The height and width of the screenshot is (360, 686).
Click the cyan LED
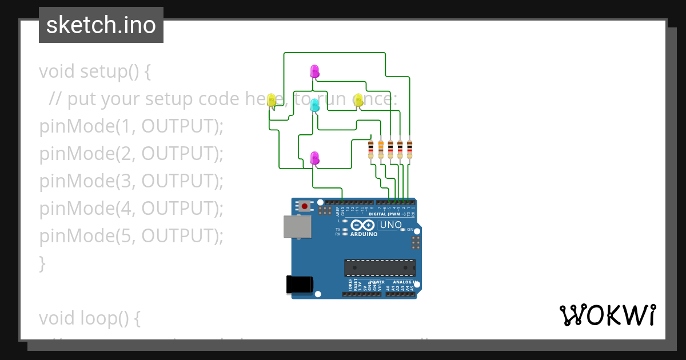click(x=314, y=105)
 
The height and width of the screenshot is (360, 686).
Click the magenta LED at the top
click(x=314, y=71)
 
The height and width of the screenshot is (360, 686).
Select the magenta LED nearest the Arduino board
click(x=314, y=158)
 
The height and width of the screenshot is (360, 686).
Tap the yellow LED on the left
click(x=272, y=100)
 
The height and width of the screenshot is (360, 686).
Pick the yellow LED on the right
click(x=358, y=100)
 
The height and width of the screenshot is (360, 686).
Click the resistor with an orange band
click(x=381, y=149)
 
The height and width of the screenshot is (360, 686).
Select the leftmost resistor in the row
click(x=371, y=149)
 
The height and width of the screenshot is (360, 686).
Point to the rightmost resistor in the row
click(x=409, y=149)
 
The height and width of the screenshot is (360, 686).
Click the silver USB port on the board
click(x=298, y=226)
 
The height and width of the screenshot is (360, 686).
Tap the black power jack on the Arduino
click(x=300, y=285)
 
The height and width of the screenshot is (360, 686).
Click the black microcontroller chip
click(x=379, y=268)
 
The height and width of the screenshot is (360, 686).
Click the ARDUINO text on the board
click(x=364, y=234)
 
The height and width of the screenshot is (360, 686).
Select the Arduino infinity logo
click(x=363, y=225)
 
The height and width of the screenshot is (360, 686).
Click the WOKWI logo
click(x=607, y=315)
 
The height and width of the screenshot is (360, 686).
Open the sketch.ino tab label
click(x=101, y=25)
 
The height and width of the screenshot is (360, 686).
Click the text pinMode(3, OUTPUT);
click(x=131, y=181)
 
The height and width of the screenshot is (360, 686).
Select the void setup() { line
click(x=95, y=71)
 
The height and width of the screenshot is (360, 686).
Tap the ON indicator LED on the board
click(x=403, y=229)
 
